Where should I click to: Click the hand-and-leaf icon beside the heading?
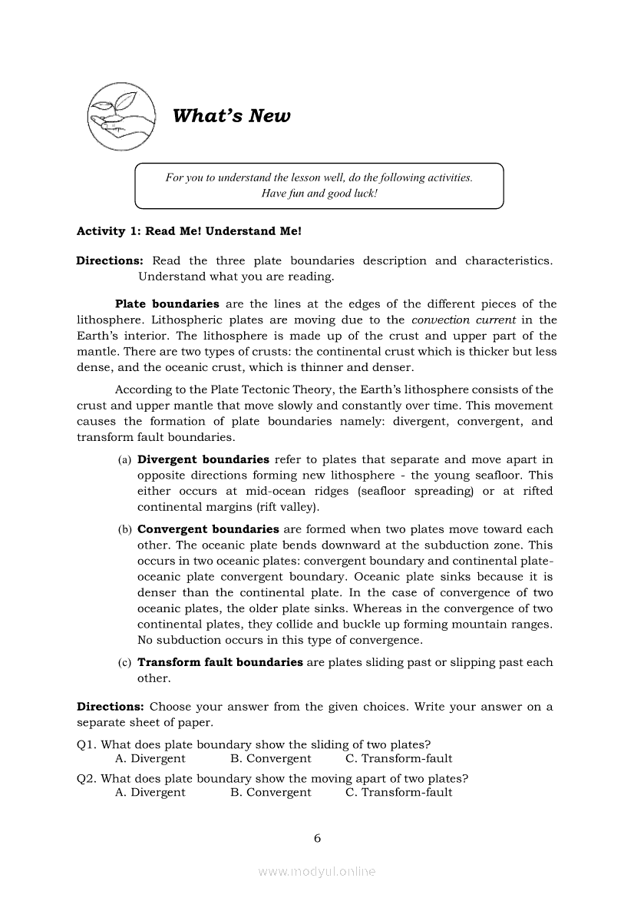[121, 116]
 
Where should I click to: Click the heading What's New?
[232, 116]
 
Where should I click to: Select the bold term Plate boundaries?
[167, 304]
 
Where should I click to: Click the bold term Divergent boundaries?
[203, 460]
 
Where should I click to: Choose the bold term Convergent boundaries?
[208, 529]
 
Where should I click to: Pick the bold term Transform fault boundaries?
[220, 662]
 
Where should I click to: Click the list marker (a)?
[124, 460]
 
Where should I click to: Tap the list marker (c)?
[124, 662]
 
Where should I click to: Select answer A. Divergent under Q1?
[150, 759]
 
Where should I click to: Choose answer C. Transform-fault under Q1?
[399, 759]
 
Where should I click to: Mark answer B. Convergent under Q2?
[271, 793]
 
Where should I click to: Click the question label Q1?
[87, 744]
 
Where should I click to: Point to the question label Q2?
[87, 777]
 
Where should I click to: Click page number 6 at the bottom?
[317, 838]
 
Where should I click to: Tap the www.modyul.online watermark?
[317, 872]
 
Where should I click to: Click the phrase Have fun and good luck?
[319, 194]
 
